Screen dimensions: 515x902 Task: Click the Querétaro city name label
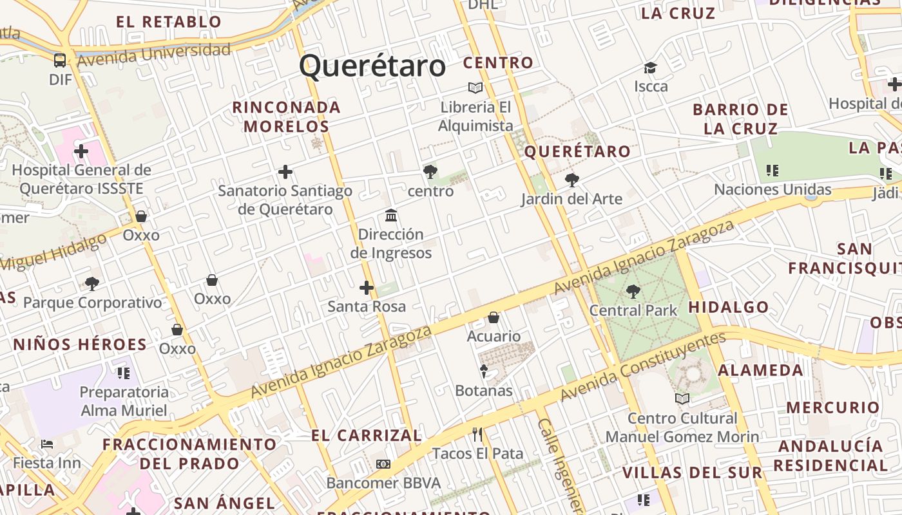tap(372, 66)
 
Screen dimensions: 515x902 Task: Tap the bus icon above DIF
tap(60, 61)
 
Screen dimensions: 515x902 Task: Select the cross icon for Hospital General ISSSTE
tap(81, 151)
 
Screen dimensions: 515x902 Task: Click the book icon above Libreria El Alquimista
tap(475, 88)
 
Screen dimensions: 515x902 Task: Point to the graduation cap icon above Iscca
tap(650, 68)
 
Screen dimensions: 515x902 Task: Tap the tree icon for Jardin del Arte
tap(571, 180)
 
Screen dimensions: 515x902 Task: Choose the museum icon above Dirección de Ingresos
tap(391, 216)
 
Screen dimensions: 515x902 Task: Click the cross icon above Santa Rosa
tap(367, 287)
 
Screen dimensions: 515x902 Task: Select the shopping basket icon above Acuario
tap(494, 317)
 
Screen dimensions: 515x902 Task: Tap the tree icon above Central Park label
tap(633, 292)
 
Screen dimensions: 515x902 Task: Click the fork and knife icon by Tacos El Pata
tap(477, 435)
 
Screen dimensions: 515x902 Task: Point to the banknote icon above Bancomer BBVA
tap(383, 464)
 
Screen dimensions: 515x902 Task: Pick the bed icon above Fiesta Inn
tap(47, 444)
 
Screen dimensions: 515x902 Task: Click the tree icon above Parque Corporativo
tap(92, 283)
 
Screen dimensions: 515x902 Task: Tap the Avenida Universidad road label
tap(154, 54)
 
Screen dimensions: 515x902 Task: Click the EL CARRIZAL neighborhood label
tap(366, 436)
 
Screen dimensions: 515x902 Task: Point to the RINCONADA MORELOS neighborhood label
tap(286, 117)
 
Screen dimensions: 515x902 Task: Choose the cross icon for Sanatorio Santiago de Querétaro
tap(285, 172)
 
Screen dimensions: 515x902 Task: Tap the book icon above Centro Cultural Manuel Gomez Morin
tap(682, 399)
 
